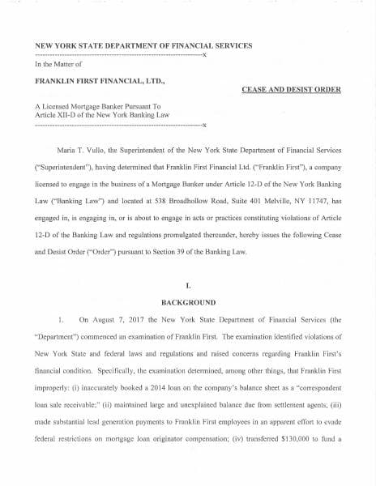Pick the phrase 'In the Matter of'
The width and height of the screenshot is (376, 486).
point(58,63)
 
